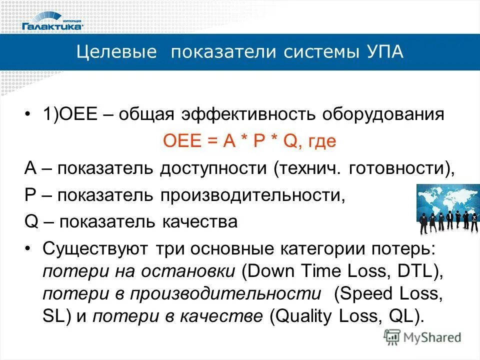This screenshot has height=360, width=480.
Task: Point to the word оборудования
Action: [x=383, y=114]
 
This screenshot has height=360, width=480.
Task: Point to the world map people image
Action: [x=446, y=209]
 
